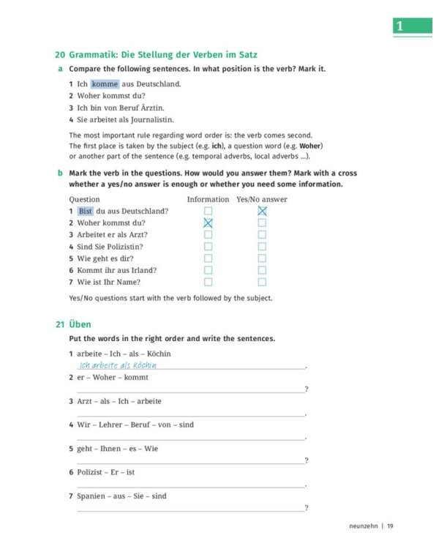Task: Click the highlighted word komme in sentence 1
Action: click(105, 83)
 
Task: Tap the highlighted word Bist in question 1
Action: click(86, 211)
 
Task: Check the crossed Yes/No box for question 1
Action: click(262, 211)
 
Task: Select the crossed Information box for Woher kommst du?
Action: click(208, 223)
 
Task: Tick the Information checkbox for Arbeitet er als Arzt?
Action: click(208, 234)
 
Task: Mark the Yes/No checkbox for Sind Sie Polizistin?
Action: click(262, 246)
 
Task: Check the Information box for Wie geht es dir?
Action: click(208, 258)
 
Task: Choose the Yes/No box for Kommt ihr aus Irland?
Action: click(262, 269)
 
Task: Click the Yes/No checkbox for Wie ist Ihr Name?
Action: click(262, 281)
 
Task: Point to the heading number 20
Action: click(60, 55)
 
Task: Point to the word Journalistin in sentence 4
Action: click(149, 119)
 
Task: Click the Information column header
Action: click(208, 199)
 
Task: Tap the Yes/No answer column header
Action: click(262, 199)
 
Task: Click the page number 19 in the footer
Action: click(391, 525)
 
